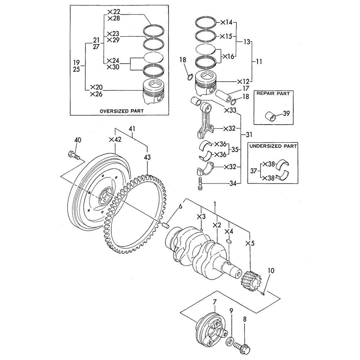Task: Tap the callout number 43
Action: [x=147, y=157]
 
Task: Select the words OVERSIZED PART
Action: [x=121, y=111]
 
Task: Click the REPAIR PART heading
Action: [x=273, y=93]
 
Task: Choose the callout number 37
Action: [x=253, y=171]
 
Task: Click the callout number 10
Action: [x=270, y=270]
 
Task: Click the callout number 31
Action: [x=249, y=135]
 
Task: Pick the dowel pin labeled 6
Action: [x=166, y=226]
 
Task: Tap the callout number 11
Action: [x=259, y=62]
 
